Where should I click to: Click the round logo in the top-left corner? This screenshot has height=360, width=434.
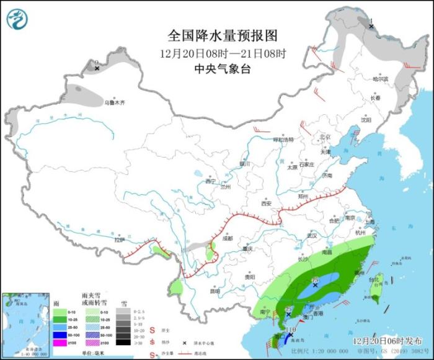(x=18, y=19)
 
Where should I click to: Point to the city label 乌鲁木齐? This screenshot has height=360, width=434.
(x=115, y=102)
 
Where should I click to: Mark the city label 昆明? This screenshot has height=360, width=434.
(x=215, y=290)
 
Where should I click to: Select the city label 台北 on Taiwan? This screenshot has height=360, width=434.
(x=373, y=280)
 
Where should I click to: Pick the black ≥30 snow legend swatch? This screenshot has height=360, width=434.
(x=125, y=341)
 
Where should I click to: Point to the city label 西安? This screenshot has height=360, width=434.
(x=266, y=204)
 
